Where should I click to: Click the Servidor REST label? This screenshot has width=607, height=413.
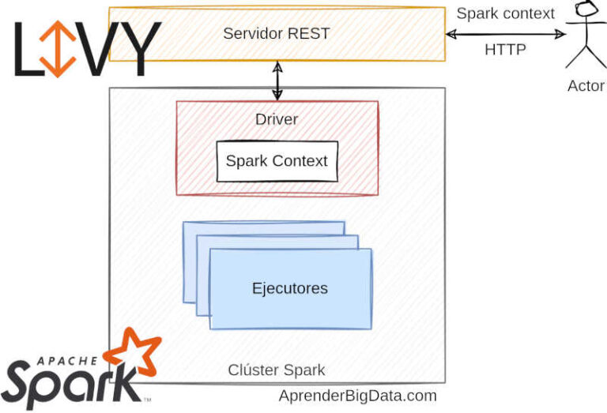[276, 33]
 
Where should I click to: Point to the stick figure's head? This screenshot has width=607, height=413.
[585, 10]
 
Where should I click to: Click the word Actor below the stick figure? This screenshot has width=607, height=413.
[586, 86]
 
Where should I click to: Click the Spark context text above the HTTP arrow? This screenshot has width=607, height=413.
[506, 13]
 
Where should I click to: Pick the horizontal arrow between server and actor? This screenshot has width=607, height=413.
[506, 34]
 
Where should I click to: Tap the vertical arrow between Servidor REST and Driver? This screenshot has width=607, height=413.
[277, 81]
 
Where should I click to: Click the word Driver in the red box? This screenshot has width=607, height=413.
[277, 119]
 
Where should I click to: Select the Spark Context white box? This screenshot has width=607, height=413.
[277, 161]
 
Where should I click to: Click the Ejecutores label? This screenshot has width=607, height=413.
[289, 288]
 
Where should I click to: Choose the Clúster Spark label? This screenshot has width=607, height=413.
[276, 370]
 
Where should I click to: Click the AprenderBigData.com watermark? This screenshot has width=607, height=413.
[357, 396]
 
